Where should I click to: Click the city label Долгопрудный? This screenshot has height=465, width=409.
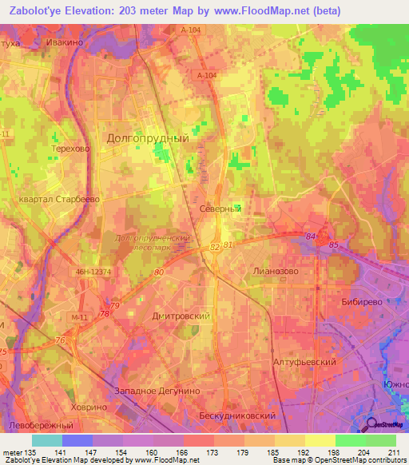point(148,137)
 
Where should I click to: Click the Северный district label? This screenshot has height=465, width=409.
point(220,208)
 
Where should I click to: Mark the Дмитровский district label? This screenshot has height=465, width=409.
point(181,316)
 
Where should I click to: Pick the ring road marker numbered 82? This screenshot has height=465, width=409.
point(214,248)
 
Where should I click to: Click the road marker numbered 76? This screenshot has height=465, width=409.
point(61,341)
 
